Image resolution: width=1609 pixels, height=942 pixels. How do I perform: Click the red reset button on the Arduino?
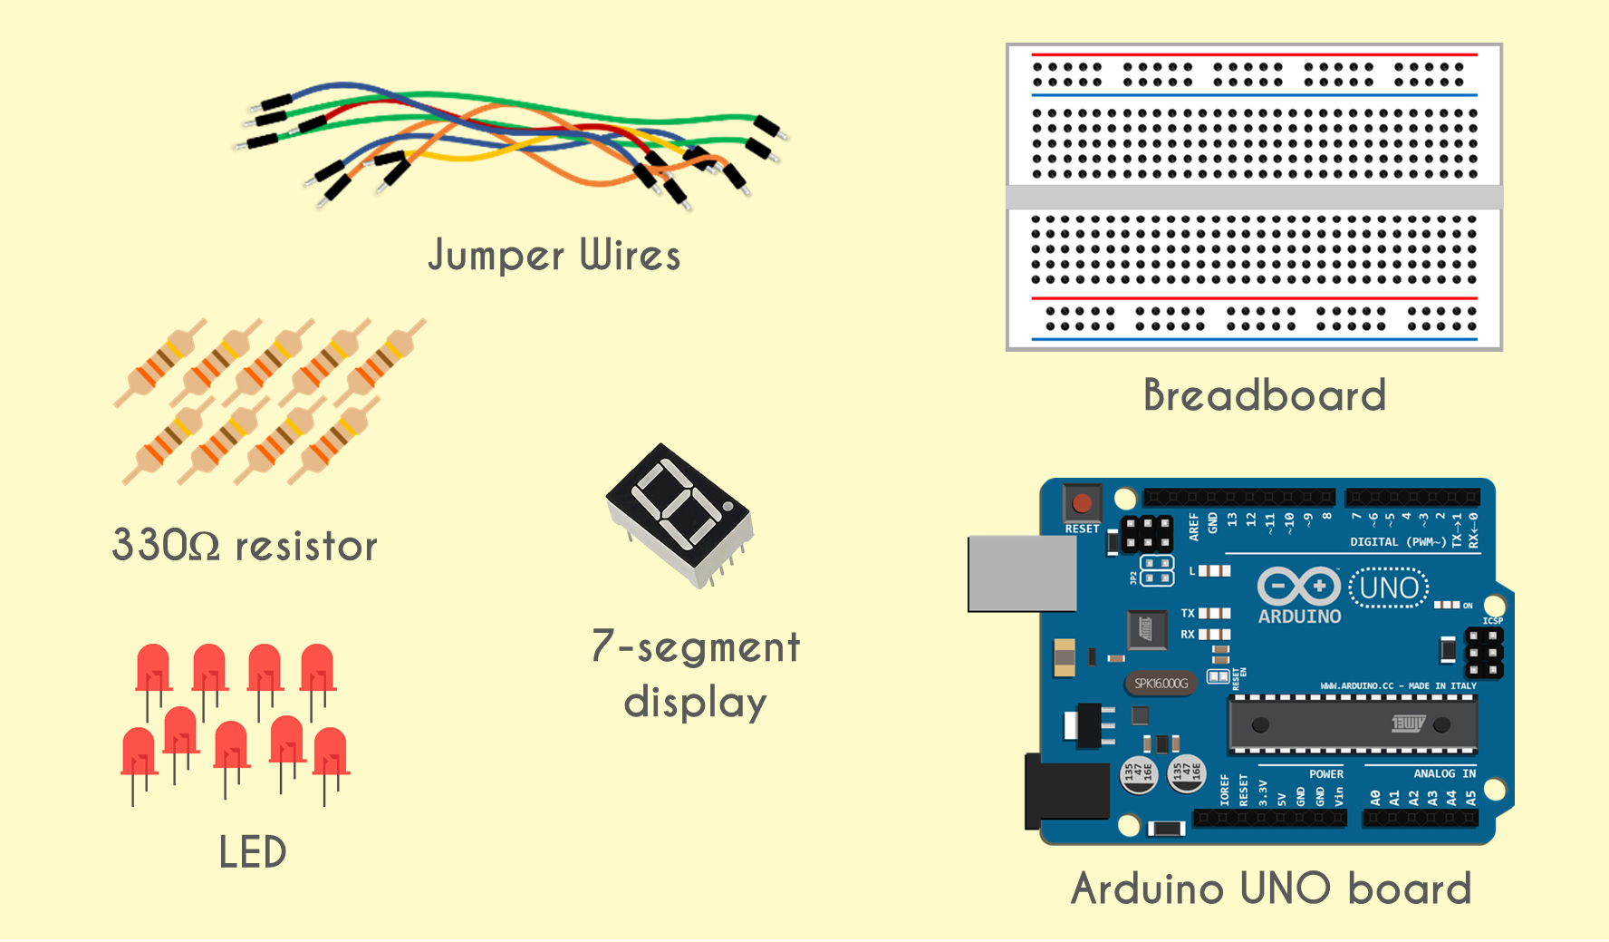pos(1082,503)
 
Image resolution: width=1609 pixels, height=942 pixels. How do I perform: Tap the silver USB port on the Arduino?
pos(1021,573)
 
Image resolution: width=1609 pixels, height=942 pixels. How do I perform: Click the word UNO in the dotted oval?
pos(1390,588)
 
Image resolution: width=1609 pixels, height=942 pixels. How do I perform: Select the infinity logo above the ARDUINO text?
pos(1298,586)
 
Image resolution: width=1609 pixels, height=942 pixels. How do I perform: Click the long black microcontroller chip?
pos(1352,724)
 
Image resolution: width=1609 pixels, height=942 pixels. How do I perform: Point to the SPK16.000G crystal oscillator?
pos(1161,684)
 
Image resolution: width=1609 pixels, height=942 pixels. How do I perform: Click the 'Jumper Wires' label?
pos(554,255)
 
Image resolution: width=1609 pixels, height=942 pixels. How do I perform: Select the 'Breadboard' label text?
pos(1265,395)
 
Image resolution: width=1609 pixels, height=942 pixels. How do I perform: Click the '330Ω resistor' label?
pos(245,546)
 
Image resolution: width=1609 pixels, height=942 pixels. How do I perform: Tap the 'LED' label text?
pos(253,852)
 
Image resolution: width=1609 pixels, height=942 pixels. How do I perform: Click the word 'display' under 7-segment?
pos(695,703)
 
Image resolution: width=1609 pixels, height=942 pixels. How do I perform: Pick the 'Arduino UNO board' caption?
pos(1271,889)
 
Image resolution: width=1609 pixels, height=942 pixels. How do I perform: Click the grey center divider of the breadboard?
pos(1254,197)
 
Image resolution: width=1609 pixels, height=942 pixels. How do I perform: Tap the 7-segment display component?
pos(679,512)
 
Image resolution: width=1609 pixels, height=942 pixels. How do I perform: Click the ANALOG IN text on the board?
pos(1444,773)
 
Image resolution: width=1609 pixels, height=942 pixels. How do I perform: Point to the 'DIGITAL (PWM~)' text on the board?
pos(1398,542)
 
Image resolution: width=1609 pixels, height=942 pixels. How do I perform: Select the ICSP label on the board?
pos(1492,621)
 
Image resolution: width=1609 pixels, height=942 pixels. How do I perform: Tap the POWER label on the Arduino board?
pos(1325,774)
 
